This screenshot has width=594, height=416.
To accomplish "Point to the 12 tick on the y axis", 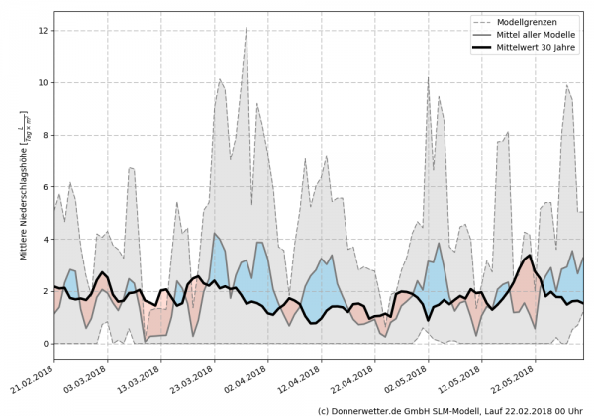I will (x=43, y=31).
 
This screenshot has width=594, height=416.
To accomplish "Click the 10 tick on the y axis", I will (x=43, y=83).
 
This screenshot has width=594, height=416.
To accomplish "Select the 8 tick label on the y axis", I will (x=45, y=135).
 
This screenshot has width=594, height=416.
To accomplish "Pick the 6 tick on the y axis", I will (x=45, y=187).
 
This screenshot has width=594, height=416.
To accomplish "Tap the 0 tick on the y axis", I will (x=45, y=344).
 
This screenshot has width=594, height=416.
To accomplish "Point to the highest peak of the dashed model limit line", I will (x=246, y=28).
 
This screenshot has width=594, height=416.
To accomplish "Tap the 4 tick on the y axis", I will (x=45, y=240).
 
